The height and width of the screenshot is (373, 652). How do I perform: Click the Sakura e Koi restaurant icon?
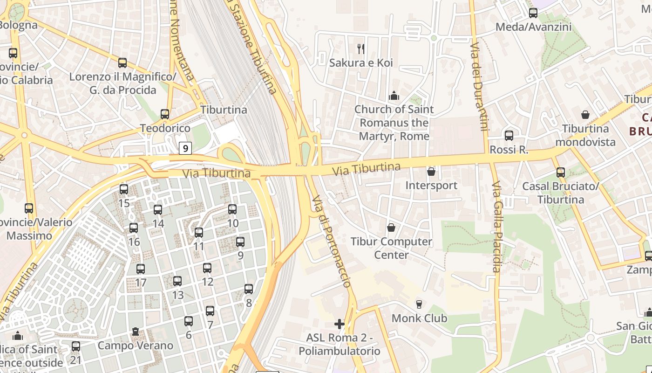coord(360,48)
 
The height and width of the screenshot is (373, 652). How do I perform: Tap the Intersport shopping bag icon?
coord(431,172)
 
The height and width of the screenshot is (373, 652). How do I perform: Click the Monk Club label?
coord(419,318)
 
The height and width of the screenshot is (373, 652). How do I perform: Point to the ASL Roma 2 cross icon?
coord(340,324)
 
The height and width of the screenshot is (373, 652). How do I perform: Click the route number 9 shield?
coord(185,148)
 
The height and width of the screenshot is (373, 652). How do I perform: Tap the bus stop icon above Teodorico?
coord(165,114)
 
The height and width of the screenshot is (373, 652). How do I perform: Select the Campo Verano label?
coord(135,345)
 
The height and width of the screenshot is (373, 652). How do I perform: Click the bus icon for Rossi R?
coord(509,136)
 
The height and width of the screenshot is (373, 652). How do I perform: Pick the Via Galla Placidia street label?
coord(496,227)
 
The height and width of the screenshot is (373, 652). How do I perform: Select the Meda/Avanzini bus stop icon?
coord(533,13)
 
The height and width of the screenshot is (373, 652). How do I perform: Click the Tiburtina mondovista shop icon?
coord(585,115)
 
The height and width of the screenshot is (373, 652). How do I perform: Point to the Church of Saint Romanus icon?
coord(394,96)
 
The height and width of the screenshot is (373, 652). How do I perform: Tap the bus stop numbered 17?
coord(141,269)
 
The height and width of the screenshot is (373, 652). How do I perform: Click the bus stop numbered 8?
coord(249,289)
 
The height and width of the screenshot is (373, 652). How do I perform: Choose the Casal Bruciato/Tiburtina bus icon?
coord(561,173)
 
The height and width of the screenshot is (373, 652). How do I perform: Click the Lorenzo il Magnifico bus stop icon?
coord(122,63)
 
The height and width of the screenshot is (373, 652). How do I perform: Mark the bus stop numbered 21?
coord(76,346)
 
